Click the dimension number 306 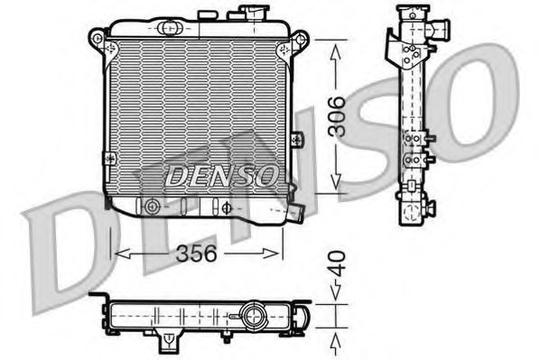[x=336, y=115]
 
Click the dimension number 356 [x=197, y=253]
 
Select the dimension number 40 [x=335, y=265]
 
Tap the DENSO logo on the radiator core [x=219, y=173]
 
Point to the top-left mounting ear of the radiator [x=98, y=39]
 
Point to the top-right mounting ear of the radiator [x=300, y=40]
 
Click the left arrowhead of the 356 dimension [x=116, y=254]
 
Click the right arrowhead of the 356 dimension [x=277, y=254]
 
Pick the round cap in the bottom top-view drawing [x=251, y=317]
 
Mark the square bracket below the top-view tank [x=167, y=342]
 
